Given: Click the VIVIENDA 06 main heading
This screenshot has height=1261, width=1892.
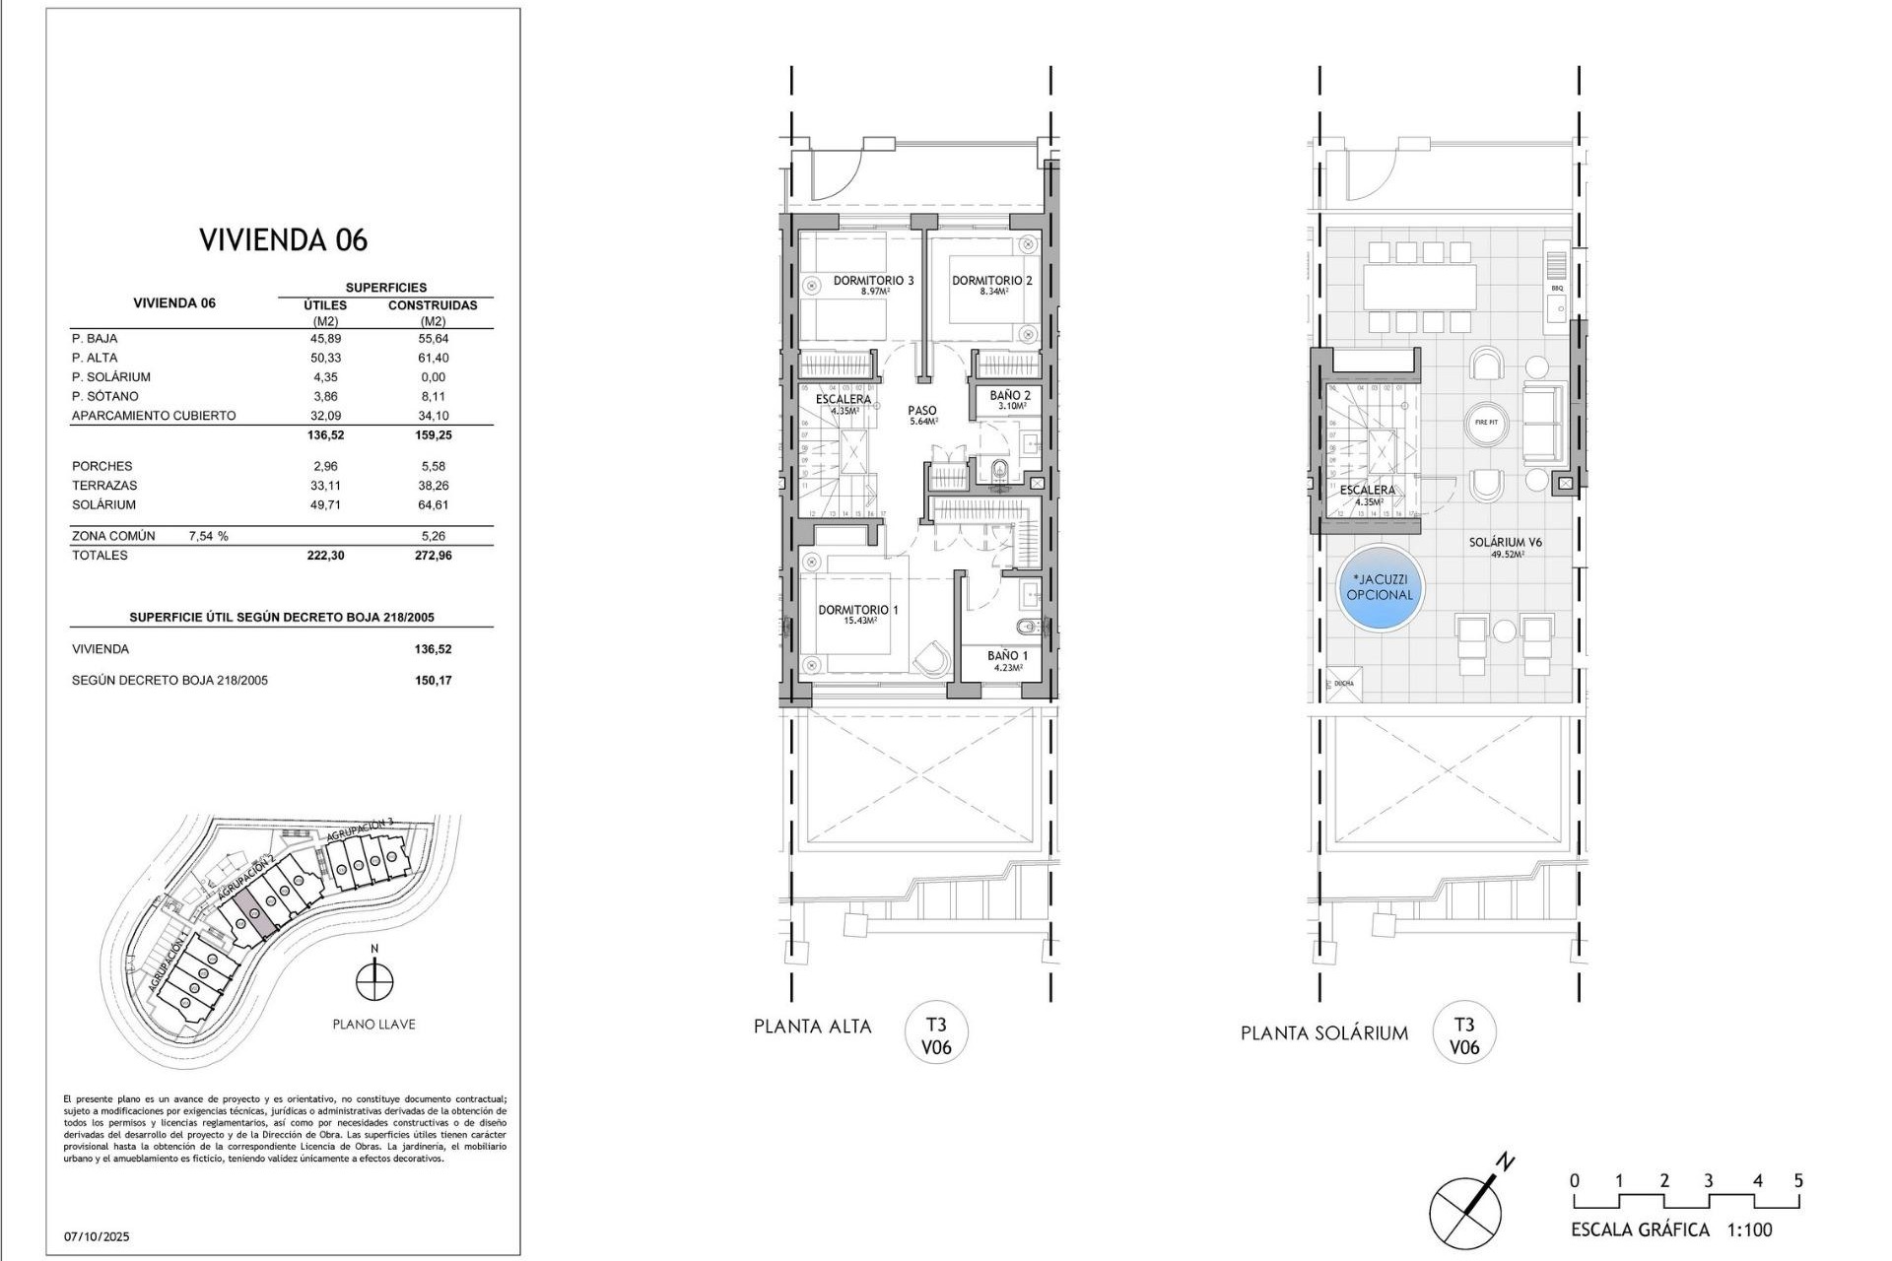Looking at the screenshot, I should point(284,239).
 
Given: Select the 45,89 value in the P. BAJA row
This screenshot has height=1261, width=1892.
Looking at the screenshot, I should point(325,338).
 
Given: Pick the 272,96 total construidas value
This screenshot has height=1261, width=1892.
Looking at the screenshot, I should point(433,555).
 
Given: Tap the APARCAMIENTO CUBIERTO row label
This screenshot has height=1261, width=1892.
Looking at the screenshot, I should point(154,416).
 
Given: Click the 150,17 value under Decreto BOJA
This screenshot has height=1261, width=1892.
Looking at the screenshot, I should point(433,680).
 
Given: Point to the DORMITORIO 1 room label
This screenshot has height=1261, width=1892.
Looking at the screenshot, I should point(857,610).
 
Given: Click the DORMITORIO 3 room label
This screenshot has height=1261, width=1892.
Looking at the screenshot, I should point(873,281).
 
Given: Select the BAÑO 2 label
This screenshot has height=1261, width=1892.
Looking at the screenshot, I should point(1010,395).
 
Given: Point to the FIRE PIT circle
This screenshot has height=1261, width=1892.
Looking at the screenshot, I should point(1486,422).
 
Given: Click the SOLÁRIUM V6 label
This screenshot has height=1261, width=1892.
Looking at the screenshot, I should point(1505,542).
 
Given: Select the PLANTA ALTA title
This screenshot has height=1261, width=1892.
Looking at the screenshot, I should point(813,1027).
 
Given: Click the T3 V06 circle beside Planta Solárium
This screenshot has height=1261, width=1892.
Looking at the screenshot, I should point(1464,1035).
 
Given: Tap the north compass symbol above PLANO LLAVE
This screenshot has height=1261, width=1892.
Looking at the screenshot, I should point(374,981).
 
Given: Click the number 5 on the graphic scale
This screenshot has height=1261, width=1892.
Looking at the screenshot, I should point(1798,1180).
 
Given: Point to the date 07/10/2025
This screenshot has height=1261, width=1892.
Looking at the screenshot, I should point(97,1236).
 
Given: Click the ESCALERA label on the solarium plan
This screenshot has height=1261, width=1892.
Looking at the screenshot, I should point(1367,490).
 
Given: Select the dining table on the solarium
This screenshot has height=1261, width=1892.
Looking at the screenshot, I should point(1420,287).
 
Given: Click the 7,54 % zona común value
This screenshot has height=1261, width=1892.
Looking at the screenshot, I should point(208,536).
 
